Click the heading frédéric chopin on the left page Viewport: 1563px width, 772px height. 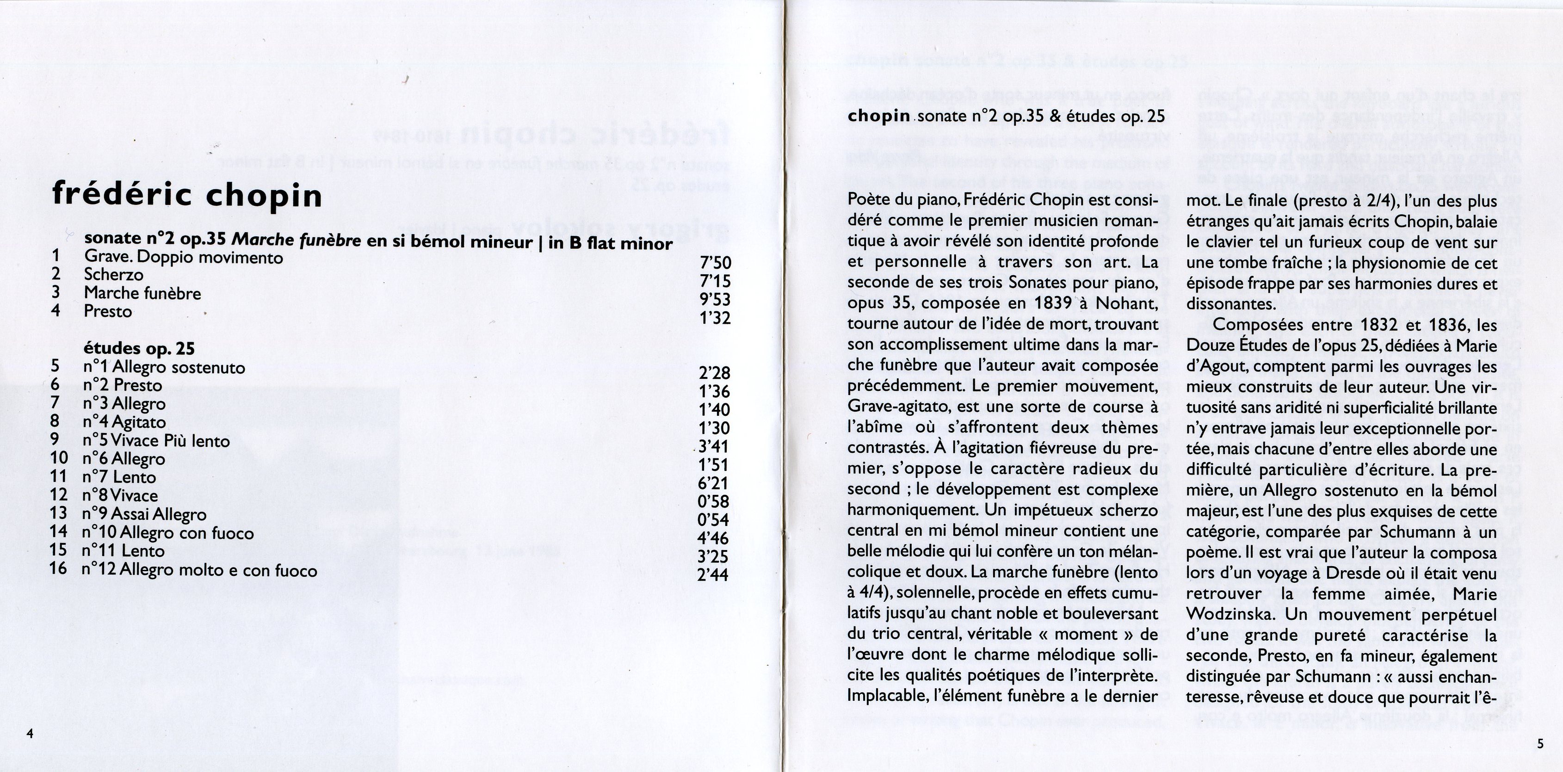click(x=187, y=195)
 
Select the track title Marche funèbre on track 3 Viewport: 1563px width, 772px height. click(x=142, y=293)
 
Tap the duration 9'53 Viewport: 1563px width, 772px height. click(x=715, y=299)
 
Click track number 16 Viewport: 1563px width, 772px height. click(x=58, y=569)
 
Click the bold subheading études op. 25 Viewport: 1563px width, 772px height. click(x=139, y=348)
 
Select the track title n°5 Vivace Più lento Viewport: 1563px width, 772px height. click(x=156, y=441)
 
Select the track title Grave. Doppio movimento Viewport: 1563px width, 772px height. click(x=184, y=257)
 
